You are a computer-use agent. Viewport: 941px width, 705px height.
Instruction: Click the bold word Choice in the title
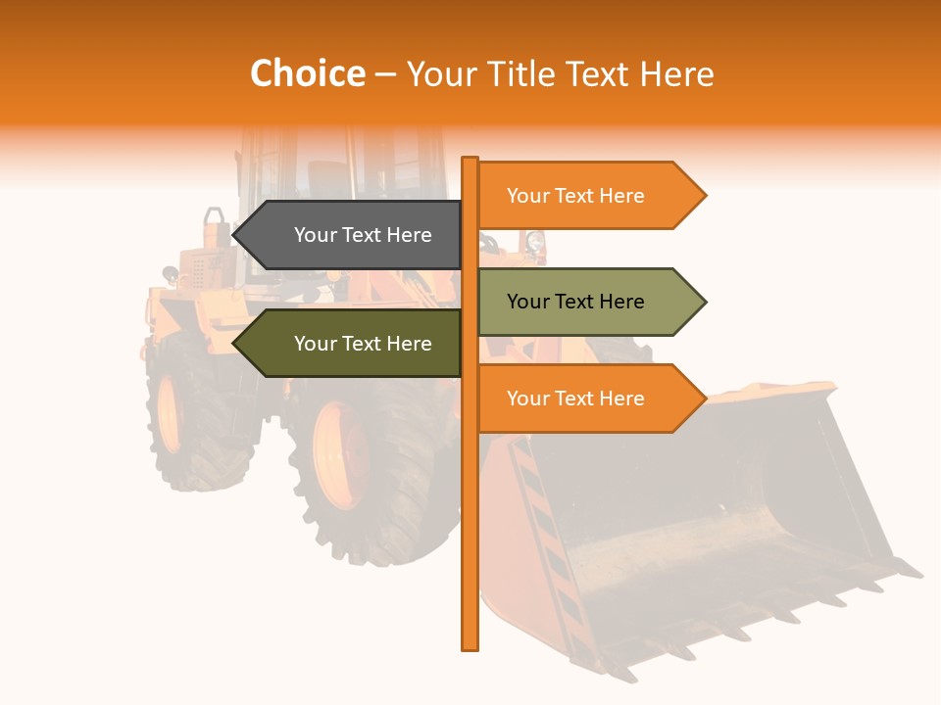(307, 73)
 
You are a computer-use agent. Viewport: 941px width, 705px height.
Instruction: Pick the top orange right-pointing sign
(588, 196)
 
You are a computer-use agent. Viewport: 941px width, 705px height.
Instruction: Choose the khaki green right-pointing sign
(588, 302)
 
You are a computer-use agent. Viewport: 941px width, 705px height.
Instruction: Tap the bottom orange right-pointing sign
(588, 399)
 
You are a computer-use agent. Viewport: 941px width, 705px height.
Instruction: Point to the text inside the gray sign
(363, 235)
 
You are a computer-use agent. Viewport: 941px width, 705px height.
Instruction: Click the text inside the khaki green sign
(575, 302)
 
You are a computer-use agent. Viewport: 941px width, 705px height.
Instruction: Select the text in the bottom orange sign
(575, 399)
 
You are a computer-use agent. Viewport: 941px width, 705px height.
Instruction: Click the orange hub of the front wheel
(338, 455)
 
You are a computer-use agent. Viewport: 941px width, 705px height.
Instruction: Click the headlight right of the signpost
(535, 242)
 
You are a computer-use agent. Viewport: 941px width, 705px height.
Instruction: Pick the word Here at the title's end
(676, 73)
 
